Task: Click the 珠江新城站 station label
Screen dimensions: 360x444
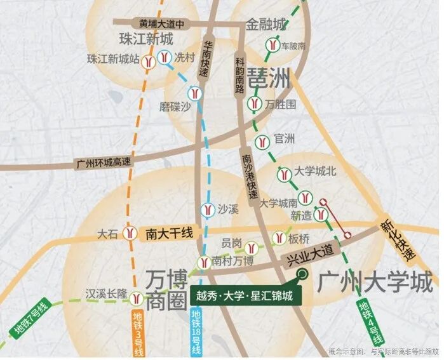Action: coord(112,59)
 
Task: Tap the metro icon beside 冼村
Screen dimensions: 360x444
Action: coord(165,56)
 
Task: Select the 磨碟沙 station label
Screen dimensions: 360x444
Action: coord(175,107)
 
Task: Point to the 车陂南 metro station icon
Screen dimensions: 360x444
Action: coord(271,46)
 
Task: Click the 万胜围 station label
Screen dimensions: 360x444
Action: coord(281,103)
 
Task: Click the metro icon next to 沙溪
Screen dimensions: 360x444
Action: coord(206,208)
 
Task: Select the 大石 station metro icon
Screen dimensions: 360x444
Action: coord(130,234)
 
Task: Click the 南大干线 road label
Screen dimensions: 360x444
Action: coord(168,233)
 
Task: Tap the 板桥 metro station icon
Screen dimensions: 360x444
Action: coord(278,239)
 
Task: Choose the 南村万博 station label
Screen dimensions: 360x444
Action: coord(232,261)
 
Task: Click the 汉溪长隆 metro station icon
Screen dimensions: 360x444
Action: coord(137,297)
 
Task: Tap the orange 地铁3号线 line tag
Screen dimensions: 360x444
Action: coord(138,334)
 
